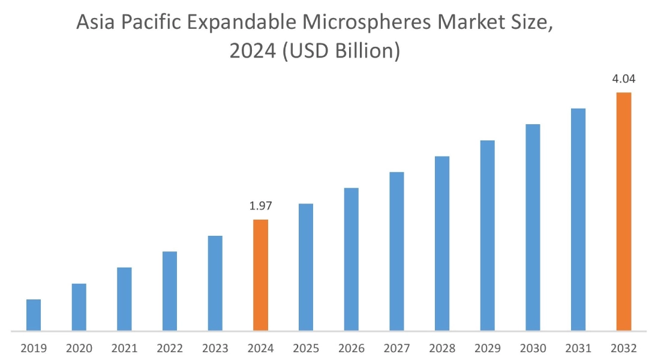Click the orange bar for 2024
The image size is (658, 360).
click(x=260, y=275)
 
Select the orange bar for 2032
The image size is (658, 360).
click(x=624, y=211)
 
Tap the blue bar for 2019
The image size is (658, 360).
click(x=34, y=314)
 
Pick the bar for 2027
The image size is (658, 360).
click(x=396, y=251)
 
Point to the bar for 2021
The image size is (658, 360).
click(x=124, y=299)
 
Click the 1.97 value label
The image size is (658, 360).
click(x=260, y=206)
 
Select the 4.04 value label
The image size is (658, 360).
click(x=624, y=79)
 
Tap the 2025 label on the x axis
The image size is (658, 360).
click(x=306, y=348)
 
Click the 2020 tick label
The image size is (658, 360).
click(x=79, y=348)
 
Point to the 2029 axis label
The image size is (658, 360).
click(x=487, y=348)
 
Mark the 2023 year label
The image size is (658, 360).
click(x=215, y=348)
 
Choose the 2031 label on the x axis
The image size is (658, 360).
click(x=578, y=348)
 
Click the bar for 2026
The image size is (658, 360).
click(x=351, y=259)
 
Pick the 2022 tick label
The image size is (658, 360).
click(x=170, y=348)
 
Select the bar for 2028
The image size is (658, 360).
click(x=442, y=243)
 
